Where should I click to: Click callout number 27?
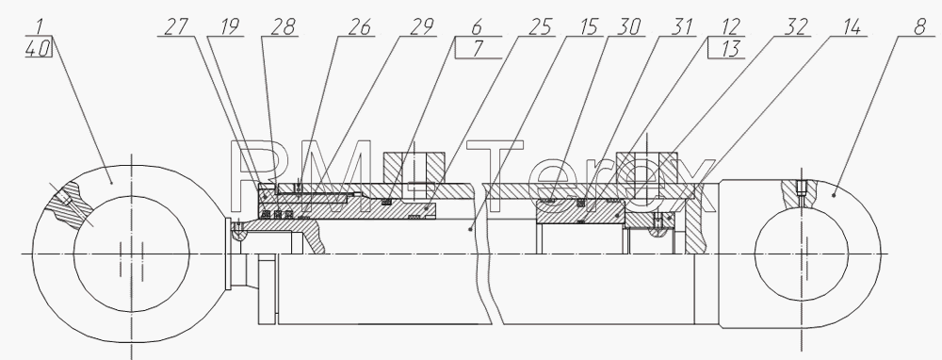point(175,27)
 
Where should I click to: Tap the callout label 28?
point(284,27)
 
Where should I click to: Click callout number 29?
point(422,27)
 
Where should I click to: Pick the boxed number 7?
point(478,49)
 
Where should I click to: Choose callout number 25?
point(541,27)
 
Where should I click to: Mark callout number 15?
point(589,27)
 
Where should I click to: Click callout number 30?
point(629,27)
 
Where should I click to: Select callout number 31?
point(681,27)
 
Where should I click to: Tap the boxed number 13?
point(729,49)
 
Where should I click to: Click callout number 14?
point(851,27)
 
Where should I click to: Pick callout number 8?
point(919,27)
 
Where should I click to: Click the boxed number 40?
point(38,49)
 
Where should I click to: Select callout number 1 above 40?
point(40,27)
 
